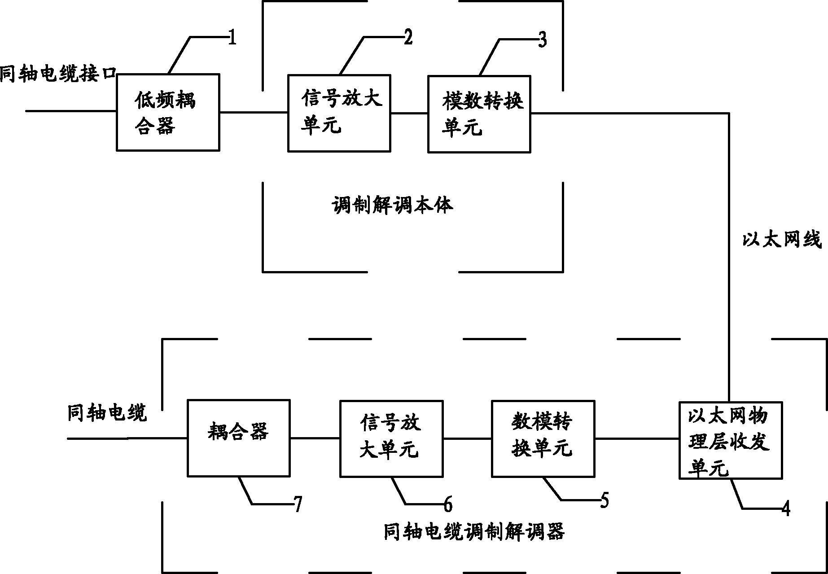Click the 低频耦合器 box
point(168,112)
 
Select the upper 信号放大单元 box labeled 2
point(339,113)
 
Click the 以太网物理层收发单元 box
point(731,440)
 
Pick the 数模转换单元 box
point(543,438)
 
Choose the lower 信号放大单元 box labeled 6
point(391,438)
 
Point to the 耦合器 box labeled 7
point(238,438)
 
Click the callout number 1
point(232,38)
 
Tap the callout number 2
point(407,38)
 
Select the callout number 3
point(542,40)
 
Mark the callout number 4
point(785,509)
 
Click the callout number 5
point(605,500)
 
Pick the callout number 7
point(298,505)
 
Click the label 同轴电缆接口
point(58,74)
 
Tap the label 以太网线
point(781,240)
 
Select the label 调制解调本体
point(392,205)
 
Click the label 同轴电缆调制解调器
point(474,532)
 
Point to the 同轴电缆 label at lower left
point(107,412)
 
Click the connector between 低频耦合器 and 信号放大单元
point(254,112)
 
